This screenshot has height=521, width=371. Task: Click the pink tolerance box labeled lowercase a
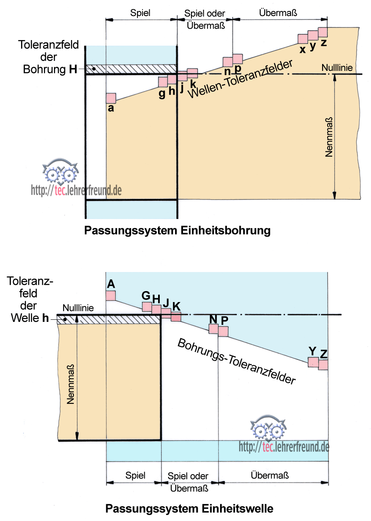click(111, 98)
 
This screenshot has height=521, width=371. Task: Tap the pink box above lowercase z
click(323, 32)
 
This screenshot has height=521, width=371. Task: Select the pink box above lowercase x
click(303, 38)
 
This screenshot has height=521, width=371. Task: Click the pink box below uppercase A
click(111, 295)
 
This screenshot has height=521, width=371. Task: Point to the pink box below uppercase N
click(214, 329)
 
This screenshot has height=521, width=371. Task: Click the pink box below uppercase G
click(147, 307)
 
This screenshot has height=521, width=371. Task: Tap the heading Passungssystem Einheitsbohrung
click(177, 231)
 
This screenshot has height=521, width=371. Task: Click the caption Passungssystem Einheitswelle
click(189, 508)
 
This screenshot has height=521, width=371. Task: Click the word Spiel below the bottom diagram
click(135, 475)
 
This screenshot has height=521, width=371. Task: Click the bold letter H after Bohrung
click(73, 70)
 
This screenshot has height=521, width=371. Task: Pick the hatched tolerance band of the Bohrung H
click(131, 69)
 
